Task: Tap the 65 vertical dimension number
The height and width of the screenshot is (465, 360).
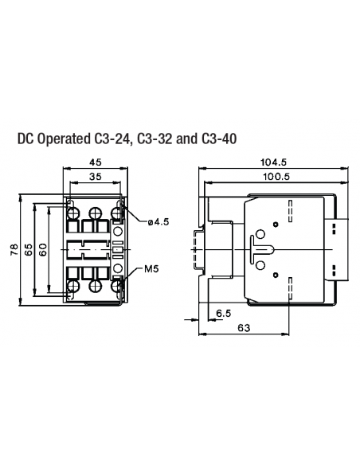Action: [29, 250]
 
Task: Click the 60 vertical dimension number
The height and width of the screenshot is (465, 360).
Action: [45, 250]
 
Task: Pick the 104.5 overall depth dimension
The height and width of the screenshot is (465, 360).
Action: [274, 162]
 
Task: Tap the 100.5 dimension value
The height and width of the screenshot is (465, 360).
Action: [274, 176]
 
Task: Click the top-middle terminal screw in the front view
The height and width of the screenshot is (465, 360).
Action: [96, 213]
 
